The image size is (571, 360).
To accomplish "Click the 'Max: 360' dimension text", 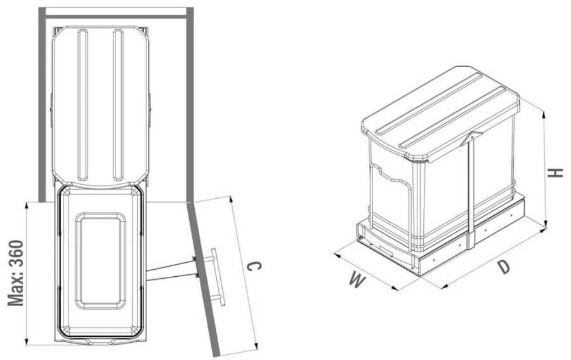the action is tap(16, 273).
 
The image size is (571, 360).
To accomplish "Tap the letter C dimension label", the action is tap(254, 267).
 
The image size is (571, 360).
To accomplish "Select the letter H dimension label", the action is tap(556, 173).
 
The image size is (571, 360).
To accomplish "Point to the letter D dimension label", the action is tap(504, 267).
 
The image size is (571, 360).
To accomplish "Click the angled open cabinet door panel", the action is tap(203, 279).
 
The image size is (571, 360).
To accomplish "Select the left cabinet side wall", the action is tap(43, 105).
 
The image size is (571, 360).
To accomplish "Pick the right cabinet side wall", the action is tap(190, 105).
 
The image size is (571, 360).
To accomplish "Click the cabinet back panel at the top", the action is tap(116, 17).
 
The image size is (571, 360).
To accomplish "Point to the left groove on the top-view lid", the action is tap(82, 105).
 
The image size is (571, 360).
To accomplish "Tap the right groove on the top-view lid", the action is tap(118, 105).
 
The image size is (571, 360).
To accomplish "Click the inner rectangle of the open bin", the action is tap(100, 261).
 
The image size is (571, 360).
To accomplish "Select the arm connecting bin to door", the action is tap(171, 270).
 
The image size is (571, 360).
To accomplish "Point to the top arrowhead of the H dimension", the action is tap(544, 115).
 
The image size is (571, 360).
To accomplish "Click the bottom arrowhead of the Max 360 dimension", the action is tap(26, 340).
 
